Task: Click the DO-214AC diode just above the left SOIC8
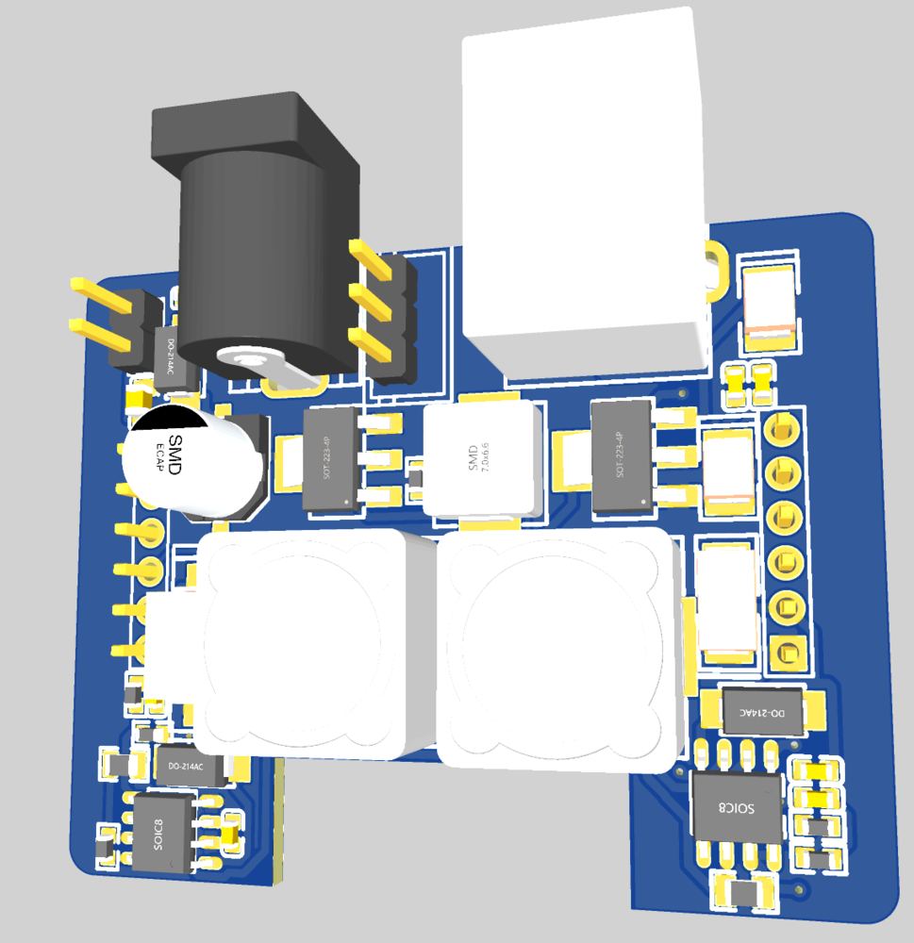(x=193, y=765)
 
